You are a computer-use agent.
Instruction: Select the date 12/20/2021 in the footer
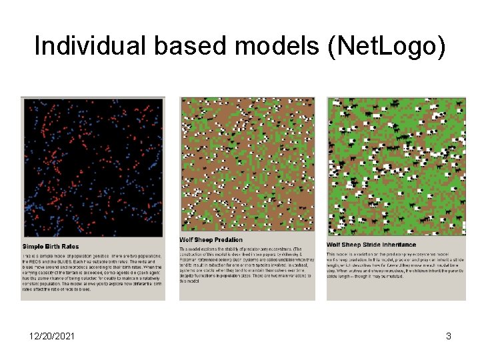coord(53,337)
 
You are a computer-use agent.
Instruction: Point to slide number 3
coord(449,337)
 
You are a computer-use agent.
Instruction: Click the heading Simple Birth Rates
coord(51,247)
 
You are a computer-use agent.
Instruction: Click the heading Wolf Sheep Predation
coord(211,240)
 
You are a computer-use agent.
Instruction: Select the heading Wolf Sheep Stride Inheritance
coord(371,245)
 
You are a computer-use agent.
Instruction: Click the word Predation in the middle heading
coord(228,240)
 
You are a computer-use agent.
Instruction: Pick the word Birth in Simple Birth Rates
coord(53,247)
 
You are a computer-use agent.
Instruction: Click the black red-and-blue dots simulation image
coord(92,167)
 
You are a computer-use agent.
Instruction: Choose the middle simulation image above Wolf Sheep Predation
coord(247,164)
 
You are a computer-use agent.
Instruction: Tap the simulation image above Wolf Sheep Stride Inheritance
coord(396,167)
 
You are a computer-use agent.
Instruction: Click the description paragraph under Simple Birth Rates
coord(92,273)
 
